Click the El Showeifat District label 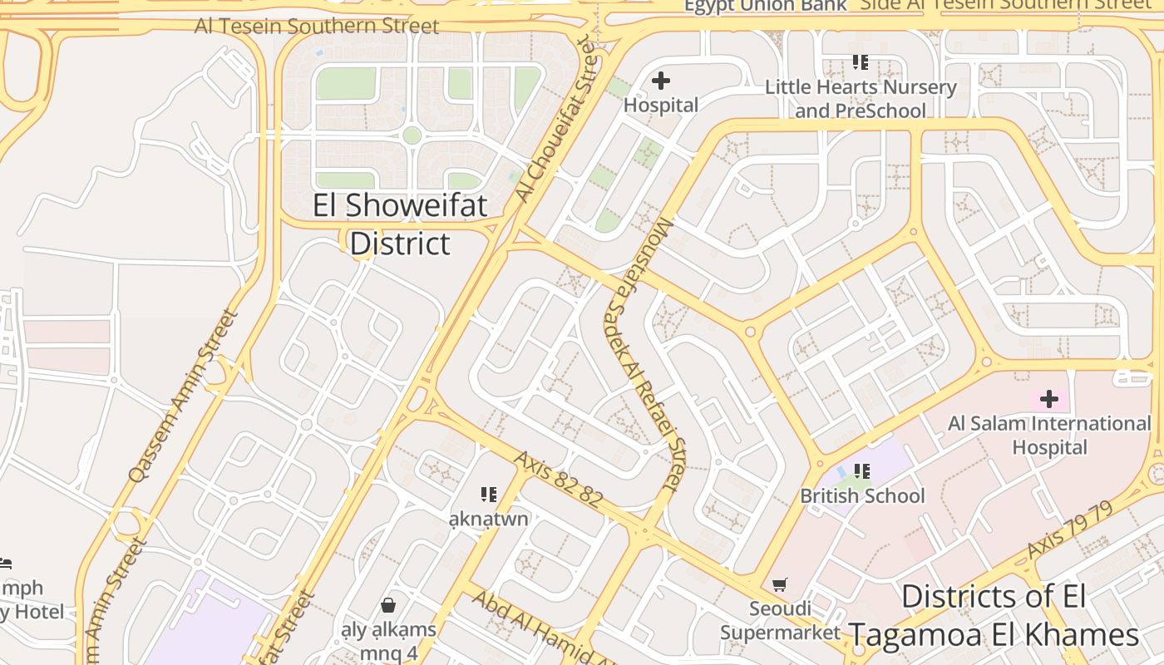tap(400, 224)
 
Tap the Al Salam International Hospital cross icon tap(1049, 399)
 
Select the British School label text tap(862, 496)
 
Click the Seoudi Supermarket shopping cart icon tap(779, 585)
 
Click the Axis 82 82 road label tap(557, 479)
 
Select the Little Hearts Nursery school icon tap(861, 62)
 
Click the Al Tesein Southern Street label tap(317, 26)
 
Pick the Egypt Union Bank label tap(765, 6)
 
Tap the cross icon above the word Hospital tap(661, 81)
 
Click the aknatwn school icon tap(488, 495)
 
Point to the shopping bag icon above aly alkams tap(388, 605)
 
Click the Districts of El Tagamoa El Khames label tap(994, 616)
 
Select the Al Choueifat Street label tap(556, 120)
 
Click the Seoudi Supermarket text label tap(780, 621)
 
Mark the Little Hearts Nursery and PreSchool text tap(861, 99)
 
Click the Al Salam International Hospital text tap(1049, 436)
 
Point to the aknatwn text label tap(488, 520)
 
